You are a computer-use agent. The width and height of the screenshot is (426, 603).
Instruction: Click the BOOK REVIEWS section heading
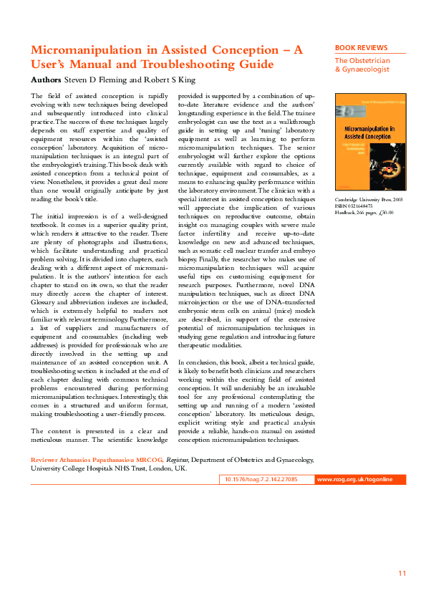(x=362, y=48)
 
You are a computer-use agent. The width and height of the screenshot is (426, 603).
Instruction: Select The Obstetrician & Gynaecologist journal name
(x=362, y=65)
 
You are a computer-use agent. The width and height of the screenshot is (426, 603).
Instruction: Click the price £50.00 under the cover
(x=386, y=213)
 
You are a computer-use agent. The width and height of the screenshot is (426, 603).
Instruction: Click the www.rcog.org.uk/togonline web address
(x=354, y=479)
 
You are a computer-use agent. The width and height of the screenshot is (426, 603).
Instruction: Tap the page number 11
(x=402, y=574)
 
